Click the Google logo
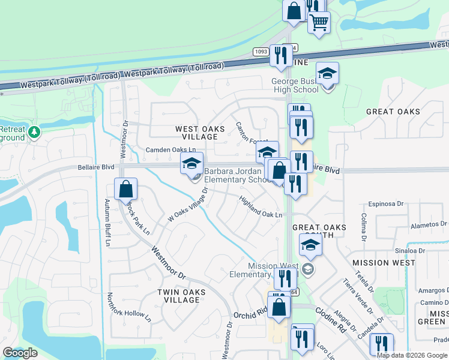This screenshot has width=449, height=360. tap(20, 353)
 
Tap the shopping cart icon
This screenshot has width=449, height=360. tap(319, 23)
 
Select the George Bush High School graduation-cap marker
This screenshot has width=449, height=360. tap(327, 74)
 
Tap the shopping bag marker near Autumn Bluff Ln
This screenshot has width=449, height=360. tap(126, 189)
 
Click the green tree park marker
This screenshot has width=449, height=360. tap(34, 131)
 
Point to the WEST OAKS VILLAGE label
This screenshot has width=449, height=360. tap(200, 133)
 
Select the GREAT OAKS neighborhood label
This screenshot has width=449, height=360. tap(393, 112)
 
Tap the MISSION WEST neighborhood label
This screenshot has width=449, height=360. tap(384, 263)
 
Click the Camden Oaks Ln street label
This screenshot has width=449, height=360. tap(171, 149)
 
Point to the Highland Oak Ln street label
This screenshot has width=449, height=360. tap(261, 207)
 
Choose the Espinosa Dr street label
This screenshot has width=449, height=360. tap(383, 204)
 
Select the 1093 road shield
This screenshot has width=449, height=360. tap(261, 52)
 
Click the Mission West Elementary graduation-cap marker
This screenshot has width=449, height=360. tap(310, 245)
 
